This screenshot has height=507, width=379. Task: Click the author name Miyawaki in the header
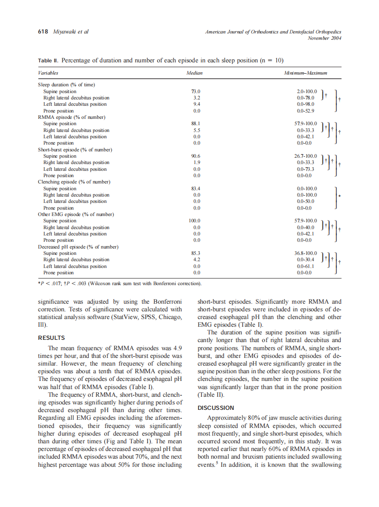(x=65, y=32)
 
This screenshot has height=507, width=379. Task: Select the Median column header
(x=194, y=73)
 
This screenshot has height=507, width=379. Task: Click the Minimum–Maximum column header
(x=305, y=73)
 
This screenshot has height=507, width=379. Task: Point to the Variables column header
(x=48, y=73)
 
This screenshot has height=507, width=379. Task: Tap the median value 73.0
(x=196, y=91)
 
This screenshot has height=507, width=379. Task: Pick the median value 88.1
(x=196, y=124)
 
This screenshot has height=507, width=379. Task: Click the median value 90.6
(x=196, y=156)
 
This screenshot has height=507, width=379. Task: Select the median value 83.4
(x=196, y=188)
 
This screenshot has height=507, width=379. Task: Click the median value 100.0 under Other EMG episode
(x=195, y=221)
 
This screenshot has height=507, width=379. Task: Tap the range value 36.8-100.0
(x=306, y=253)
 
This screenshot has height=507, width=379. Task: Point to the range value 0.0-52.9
(x=306, y=111)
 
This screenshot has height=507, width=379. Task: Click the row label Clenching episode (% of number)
(x=74, y=182)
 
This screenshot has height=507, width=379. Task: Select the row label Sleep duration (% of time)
(x=66, y=85)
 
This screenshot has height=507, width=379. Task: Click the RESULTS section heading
(x=52, y=338)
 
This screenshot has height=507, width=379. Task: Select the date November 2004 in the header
(x=324, y=38)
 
